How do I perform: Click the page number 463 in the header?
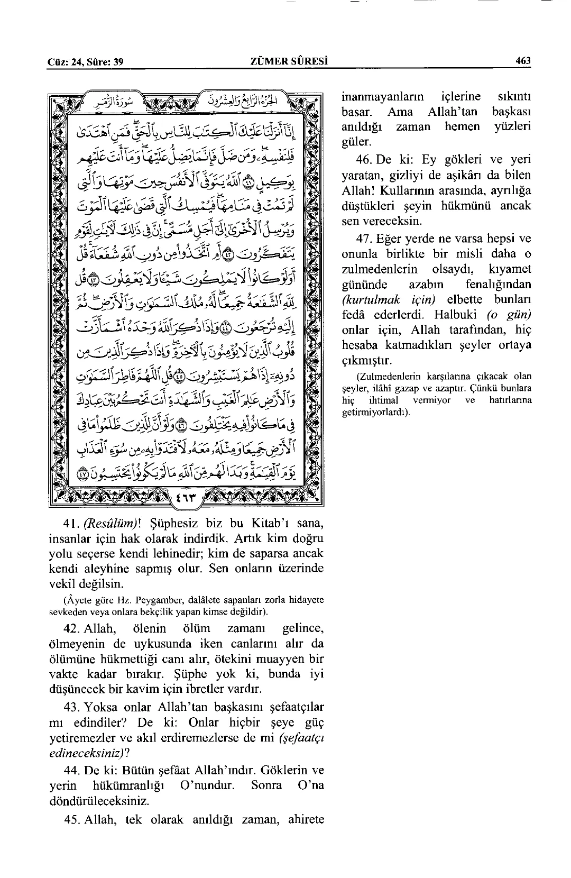(523, 61)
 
